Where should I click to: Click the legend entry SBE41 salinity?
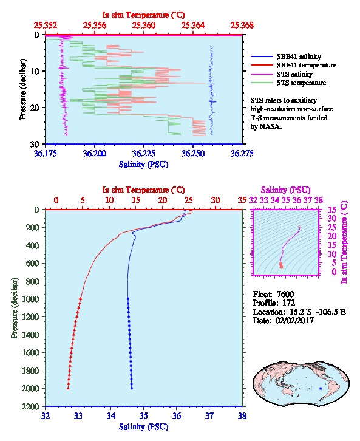coord(299,56)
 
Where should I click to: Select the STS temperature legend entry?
coord(301,83)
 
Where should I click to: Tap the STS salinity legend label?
coord(294,74)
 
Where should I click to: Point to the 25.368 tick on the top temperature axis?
coord(242,26)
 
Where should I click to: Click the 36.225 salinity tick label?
coord(144,153)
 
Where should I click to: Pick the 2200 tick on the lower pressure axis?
coord(30,406)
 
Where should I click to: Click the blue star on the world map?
coord(321,388)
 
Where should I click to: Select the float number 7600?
coord(285,294)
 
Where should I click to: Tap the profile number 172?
coord(288,303)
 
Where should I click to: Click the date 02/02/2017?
coord(294,320)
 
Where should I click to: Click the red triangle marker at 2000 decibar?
coord(68,388)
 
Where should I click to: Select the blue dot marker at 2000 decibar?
coord(132,388)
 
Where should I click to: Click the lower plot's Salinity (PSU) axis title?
coord(144,426)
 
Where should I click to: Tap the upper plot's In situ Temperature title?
coord(144,15)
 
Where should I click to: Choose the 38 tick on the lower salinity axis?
coord(242,415)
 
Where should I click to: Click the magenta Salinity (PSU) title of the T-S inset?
coord(285,190)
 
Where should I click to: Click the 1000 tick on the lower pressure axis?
coord(30,299)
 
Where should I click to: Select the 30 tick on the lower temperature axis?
coord(216,200)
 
